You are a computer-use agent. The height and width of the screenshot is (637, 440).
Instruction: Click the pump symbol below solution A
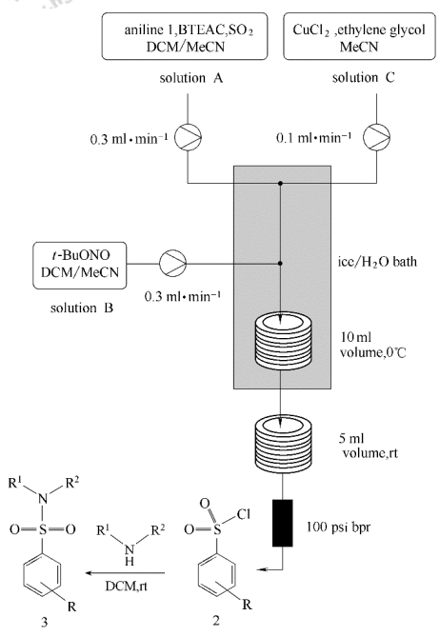click(x=188, y=137)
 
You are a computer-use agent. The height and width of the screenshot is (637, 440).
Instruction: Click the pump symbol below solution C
click(x=376, y=137)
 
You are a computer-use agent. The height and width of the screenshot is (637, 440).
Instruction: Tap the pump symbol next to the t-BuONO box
click(x=172, y=263)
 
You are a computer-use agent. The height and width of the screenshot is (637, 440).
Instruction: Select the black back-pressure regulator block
click(x=282, y=523)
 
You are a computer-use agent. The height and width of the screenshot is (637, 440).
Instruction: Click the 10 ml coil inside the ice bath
click(x=283, y=341)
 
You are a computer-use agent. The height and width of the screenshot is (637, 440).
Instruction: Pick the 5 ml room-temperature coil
click(x=283, y=445)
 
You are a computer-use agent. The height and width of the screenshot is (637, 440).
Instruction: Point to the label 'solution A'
click(x=190, y=77)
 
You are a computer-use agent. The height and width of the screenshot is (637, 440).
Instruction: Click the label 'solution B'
click(x=82, y=308)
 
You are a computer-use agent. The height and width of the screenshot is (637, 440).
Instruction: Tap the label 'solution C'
click(x=363, y=77)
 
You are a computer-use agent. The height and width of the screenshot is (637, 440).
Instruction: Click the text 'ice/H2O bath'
click(x=377, y=261)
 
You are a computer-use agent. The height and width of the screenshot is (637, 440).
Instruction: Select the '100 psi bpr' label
click(x=338, y=528)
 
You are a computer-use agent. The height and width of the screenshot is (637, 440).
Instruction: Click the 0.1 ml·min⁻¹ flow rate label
click(x=313, y=138)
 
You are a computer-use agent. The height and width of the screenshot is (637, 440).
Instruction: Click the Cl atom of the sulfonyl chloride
click(x=244, y=514)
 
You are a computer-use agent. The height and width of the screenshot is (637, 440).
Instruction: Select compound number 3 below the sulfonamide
click(x=44, y=622)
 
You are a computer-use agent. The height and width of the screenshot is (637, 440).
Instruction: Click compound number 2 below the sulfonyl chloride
click(x=216, y=621)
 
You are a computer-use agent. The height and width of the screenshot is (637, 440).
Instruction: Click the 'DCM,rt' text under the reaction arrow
click(x=126, y=586)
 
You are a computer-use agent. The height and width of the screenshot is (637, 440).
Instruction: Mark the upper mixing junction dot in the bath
click(x=280, y=184)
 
